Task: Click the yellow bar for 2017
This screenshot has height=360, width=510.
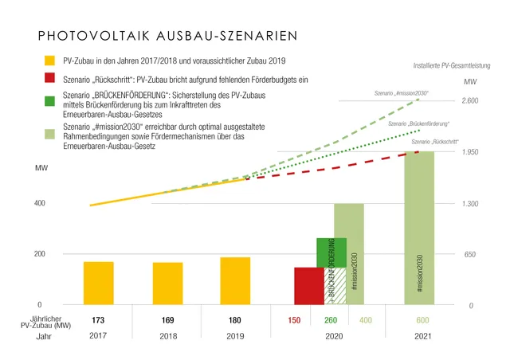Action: [98, 283]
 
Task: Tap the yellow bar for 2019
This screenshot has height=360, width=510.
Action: [235, 281]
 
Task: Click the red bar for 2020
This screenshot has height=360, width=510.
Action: [308, 286]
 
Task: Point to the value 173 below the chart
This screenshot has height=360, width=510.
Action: [98, 320]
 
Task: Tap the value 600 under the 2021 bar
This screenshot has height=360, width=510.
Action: [421, 320]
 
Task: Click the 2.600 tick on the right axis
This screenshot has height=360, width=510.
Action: [470, 101]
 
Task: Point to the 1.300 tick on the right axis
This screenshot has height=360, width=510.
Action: [470, 204]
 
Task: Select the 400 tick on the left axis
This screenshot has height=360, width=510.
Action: [38, 203]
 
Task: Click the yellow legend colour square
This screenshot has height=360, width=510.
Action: [49, 61]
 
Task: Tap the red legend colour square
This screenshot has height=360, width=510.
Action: [49, 80]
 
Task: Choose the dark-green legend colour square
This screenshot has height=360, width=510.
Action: [49, 100]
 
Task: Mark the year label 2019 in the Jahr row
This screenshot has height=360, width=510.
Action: [236, 337]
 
